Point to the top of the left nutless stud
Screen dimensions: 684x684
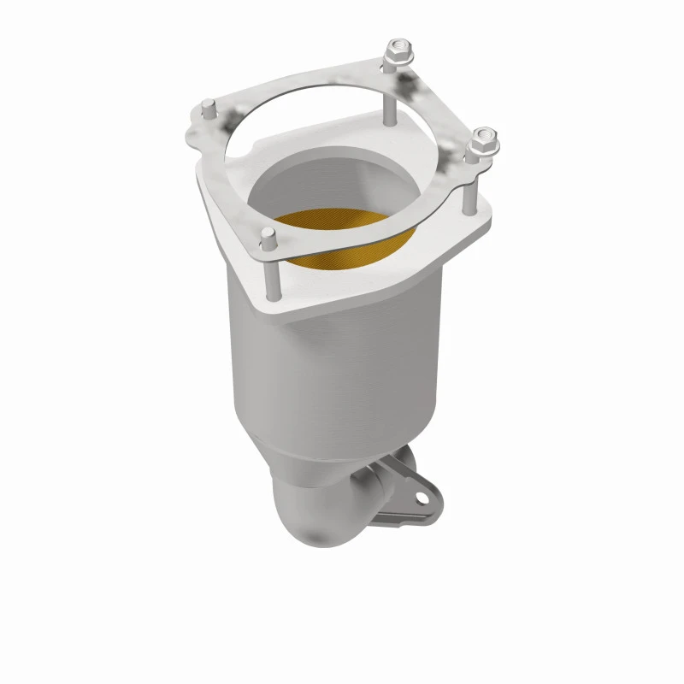coord(208,108)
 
